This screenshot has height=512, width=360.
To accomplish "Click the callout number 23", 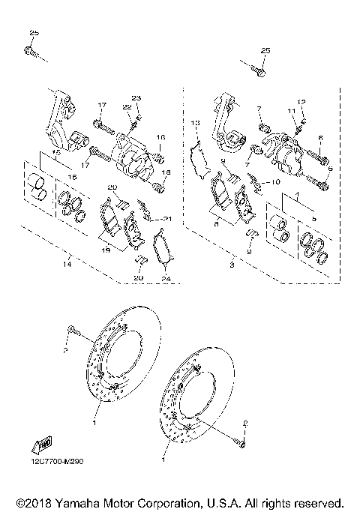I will click(136, 99).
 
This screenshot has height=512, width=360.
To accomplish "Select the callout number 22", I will click(127, 107).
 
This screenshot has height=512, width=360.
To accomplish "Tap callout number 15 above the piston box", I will click(56, 152).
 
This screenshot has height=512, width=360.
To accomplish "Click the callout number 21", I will click(167, 218).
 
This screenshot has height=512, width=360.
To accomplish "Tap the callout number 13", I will click(194, 122).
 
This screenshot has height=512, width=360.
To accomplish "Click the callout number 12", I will click(302, 101).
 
